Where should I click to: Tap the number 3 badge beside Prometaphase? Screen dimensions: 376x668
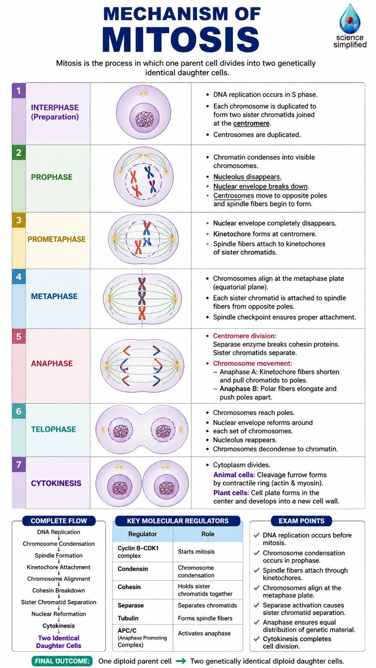pos(19,220)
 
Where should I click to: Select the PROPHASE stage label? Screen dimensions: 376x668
pos(52,177)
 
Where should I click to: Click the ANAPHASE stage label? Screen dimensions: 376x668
pos(52,364)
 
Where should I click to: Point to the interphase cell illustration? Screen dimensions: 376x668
pos(143,112)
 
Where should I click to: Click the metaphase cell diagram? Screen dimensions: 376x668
pos(142,298)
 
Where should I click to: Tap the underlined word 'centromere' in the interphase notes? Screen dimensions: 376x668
pos(251,123)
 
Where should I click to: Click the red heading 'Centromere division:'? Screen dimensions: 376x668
pos(245,336)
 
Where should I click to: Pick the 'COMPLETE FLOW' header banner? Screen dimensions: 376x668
pos(59,521)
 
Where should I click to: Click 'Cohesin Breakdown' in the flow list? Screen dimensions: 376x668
pos(59,590)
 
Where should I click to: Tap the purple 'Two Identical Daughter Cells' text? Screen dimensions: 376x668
pos(59,642)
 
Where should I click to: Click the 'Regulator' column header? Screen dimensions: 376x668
pos(143,534)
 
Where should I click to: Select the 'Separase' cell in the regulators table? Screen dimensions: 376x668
pos(131,605)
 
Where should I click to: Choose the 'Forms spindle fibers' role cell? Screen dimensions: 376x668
pos(205,618)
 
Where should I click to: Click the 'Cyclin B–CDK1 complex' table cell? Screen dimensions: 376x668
pos(138,552)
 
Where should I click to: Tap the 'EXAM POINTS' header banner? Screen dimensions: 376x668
pos(301,521)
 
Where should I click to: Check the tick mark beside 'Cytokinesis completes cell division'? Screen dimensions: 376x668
pos(257,639)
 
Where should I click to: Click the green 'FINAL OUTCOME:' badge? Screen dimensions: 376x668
pos(62,661)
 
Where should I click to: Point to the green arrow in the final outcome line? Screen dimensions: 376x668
pos(181,661)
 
